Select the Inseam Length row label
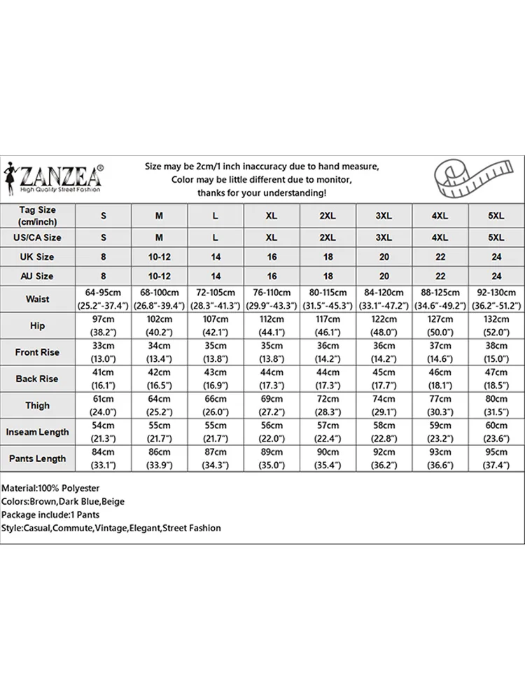tap(38, 432)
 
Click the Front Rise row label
tap(38, 352)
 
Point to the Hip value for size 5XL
tap(495, 325)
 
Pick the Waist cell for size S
tap(104, 299)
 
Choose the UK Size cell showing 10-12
tap(160, 257)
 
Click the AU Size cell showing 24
tap(495, 276)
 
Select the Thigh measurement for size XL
tap(272, 405)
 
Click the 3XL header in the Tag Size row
tap(384, 216)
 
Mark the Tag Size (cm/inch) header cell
tap(38, 216)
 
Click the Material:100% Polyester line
tap(50, 488)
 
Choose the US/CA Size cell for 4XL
tap(440, 237)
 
